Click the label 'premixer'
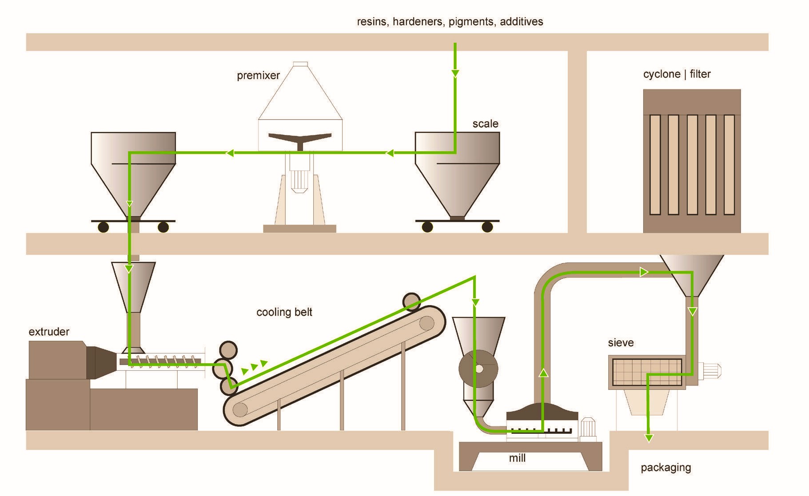point(258,75)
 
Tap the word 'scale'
point(485,124)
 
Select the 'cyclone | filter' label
point(677,74)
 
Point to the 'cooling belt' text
point(284,312)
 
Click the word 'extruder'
point(49,332)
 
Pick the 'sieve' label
point(621,343)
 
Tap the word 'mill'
point(517,458)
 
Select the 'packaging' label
point(666,468)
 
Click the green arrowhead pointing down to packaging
point(649,438)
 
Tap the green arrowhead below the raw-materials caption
point(455,73)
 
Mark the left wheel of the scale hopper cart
point(427,227)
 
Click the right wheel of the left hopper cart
point(163,227)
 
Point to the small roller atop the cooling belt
point(411,301)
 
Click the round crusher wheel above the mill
point(478,369)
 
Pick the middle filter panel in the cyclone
point(692,165)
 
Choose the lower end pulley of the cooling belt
point(240,409)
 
